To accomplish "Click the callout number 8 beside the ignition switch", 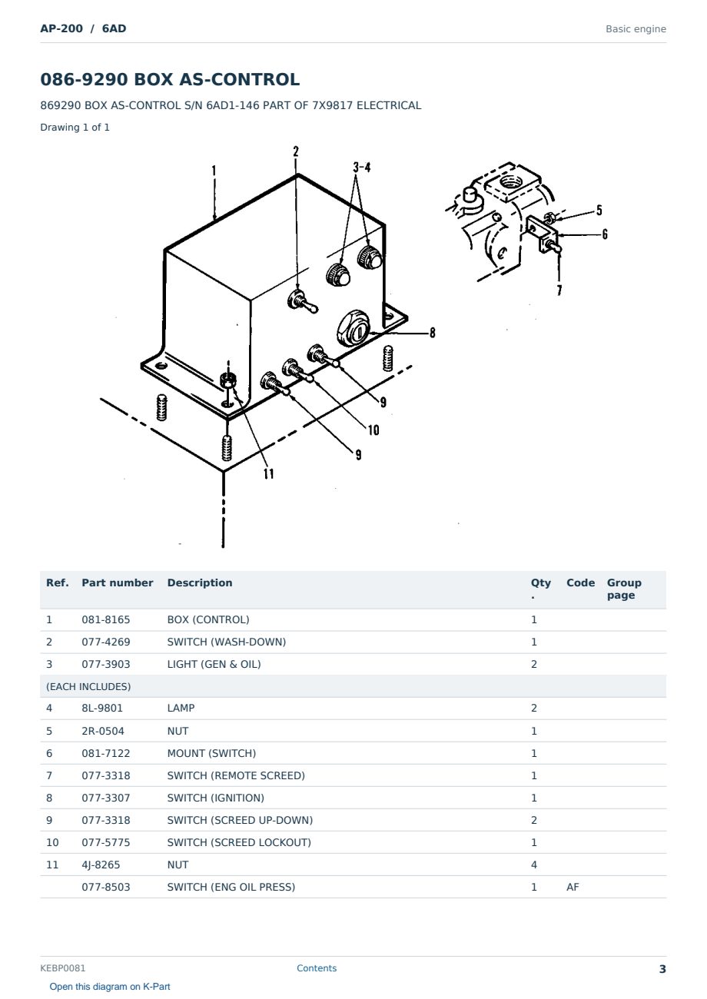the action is [x=432, y=333].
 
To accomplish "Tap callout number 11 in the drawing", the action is [x=268, y=473].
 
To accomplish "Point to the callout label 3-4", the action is [x=362, y=168].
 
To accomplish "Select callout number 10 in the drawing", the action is [x=373, y=430].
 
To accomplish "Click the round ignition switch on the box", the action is [x=353, y=328].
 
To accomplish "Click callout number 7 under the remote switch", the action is [x=559, y=290].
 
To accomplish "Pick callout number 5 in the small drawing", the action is [x=599, y=210].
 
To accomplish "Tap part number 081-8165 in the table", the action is [x=106, y=619].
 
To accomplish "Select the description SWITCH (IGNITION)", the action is [x=215, y=798].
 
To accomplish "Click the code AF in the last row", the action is [x=573, y=887].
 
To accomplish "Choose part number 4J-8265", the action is [x=101, y=865].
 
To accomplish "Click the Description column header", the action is [x=200, y=582].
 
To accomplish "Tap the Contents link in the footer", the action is [x=317, y=968].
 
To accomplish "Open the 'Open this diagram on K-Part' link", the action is [x=110, y=987].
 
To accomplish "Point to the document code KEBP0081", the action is [x=63, y=968].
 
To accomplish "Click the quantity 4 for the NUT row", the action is [x=534, y=865].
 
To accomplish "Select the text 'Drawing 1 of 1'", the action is [x=75, y=127].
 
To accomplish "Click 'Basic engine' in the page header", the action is [x=636, y=29].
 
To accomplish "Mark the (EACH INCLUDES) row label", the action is [x=88, y=686].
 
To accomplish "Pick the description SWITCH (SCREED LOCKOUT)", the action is [x=239, y=842].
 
